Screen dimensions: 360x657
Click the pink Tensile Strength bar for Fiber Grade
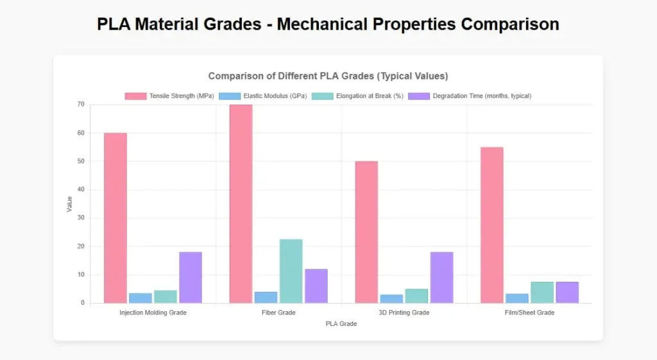(x=241, y=203)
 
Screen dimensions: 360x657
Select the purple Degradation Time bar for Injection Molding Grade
(x=191, y=277)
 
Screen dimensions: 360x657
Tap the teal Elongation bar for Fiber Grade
(x=291, y=271)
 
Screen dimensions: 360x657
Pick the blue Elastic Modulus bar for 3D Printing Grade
(x=391, y=298)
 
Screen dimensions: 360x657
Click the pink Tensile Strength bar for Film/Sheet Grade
(x=491, y=225)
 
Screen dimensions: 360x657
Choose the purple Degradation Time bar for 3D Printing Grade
(x=441, y=277)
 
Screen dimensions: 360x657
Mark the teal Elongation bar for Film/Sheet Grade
(x=542, y=292)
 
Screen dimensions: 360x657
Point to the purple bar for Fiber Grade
(x=316, y=286)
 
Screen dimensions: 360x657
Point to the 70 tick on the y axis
(x=81, y=105)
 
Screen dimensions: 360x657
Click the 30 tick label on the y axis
(x=81, y=218)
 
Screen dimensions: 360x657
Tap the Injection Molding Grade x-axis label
(x=153, y=313)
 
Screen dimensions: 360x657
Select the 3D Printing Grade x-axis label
(x=404, y=313)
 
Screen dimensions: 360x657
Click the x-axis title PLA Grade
(x=341, y=324)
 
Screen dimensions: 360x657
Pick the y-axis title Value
(x=69, y=204)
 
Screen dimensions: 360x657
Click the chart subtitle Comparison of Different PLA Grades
(x=328, y=76)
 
